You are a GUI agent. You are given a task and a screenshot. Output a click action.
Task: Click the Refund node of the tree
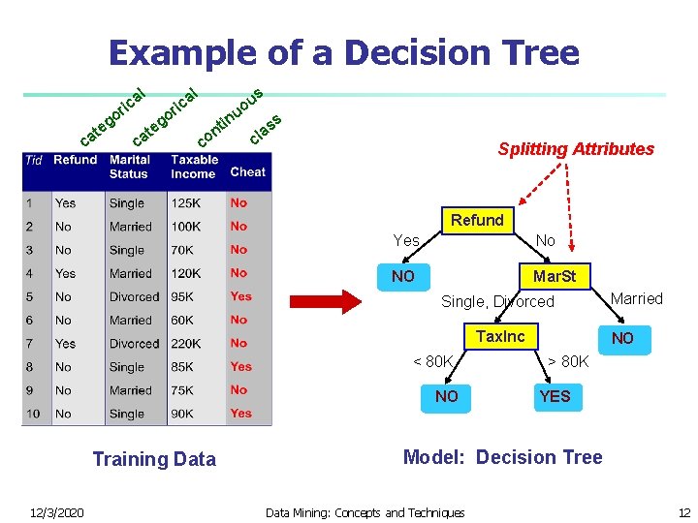click(476, 220)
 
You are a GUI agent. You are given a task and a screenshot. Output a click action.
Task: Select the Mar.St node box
click(553, 276)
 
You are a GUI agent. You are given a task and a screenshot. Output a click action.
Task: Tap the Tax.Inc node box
click(500, 336)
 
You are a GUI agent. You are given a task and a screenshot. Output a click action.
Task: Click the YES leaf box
click(555, 396)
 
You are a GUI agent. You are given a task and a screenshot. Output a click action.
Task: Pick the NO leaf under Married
click(621, 338)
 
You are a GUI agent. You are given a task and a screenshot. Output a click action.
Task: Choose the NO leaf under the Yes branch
click(402, 277)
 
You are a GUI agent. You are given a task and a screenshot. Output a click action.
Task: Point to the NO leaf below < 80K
click(446, 396)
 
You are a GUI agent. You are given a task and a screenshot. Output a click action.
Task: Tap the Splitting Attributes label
click(576, 149)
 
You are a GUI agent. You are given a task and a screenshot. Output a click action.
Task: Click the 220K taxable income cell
click(185, 344)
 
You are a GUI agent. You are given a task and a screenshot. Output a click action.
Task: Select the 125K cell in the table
click(185, 203)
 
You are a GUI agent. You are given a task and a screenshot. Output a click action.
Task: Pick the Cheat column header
click(247, 171)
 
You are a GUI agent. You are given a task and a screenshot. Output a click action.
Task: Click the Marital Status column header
click(130, 167)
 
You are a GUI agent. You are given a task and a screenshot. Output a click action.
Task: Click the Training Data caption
click(154, 459)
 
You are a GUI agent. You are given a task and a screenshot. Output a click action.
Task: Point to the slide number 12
click(683, 512)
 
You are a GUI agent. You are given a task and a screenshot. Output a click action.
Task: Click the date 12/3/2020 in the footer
click(56, 512)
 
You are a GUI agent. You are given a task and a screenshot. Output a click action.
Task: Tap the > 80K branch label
click(568, 362)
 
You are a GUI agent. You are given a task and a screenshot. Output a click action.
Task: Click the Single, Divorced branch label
click(497, 302)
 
